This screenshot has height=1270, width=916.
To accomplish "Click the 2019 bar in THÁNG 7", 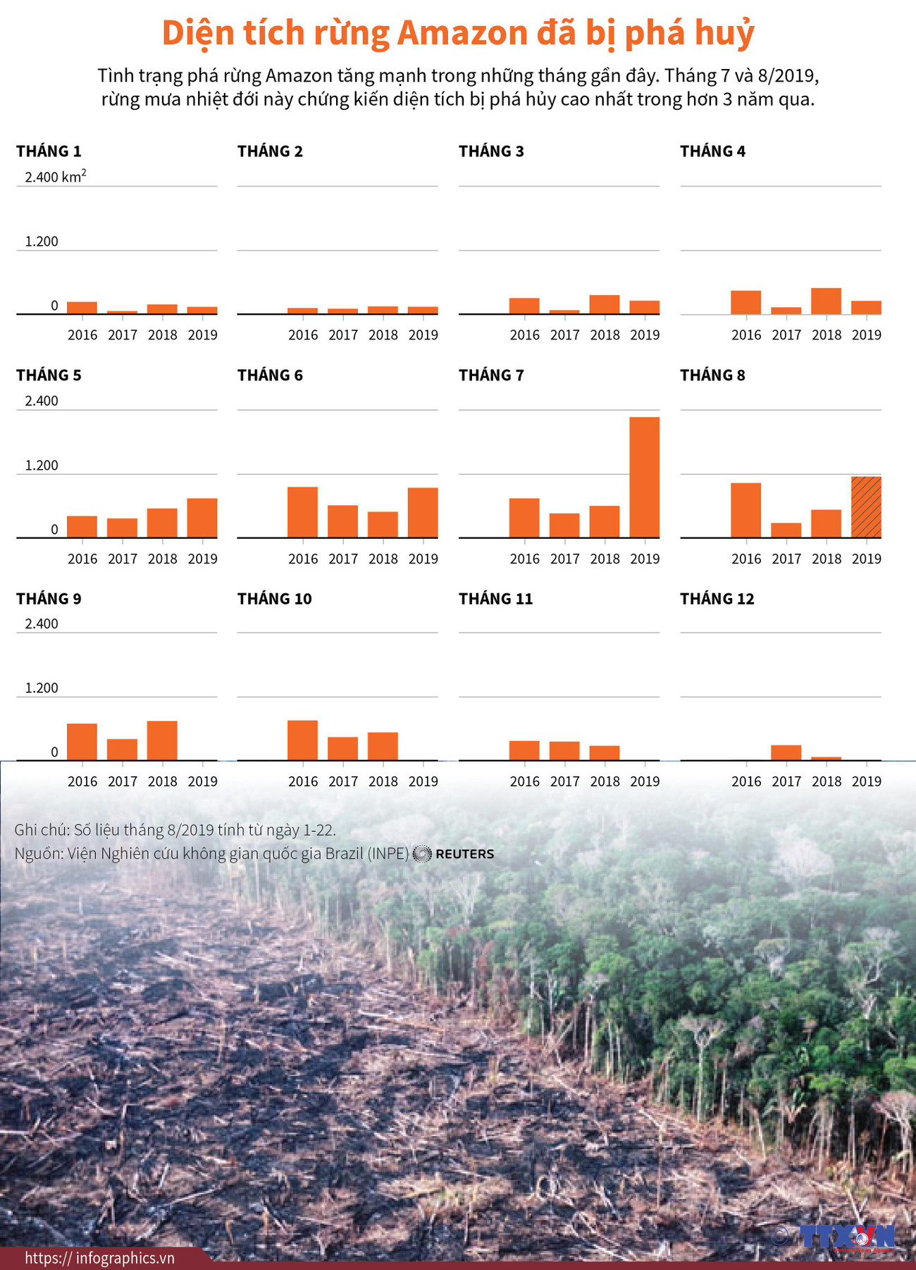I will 644,477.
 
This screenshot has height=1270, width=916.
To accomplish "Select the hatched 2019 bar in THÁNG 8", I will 866,507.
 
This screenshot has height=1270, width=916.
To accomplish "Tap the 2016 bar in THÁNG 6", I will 302,512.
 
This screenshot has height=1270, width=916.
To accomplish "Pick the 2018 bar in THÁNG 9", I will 162,740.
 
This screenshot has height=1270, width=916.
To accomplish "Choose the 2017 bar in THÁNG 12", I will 786,752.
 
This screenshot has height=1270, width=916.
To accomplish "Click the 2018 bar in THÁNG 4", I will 826,301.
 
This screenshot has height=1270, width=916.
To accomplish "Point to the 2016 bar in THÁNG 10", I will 302,740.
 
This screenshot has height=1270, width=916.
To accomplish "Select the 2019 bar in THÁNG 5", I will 202,518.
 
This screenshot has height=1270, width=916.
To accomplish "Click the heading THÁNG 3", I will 491,151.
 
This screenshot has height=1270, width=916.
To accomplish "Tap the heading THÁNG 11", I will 495,599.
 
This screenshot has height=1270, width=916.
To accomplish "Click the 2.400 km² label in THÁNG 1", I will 55,177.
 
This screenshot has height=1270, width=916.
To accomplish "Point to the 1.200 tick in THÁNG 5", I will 42,466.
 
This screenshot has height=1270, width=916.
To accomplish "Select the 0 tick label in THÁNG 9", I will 54,752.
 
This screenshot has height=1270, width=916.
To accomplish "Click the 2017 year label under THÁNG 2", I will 343,335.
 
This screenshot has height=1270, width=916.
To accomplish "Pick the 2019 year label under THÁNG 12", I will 866,781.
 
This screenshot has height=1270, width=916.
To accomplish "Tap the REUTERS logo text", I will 464,854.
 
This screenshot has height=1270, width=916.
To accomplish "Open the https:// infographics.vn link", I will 99,1257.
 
